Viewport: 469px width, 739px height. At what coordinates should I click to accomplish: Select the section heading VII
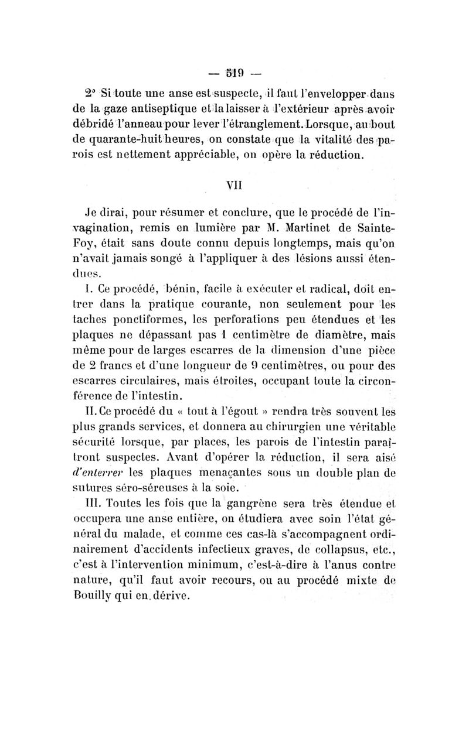click(235, 185)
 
